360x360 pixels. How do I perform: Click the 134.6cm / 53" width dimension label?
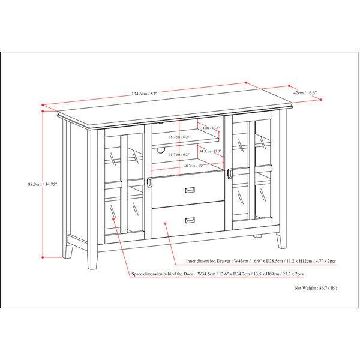point(144,94)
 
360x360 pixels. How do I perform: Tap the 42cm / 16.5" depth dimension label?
point(305,93)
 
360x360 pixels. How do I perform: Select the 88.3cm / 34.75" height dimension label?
point(43,184)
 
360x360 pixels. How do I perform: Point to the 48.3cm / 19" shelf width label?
point(194,166)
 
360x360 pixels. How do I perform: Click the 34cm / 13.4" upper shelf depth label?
point(211,128)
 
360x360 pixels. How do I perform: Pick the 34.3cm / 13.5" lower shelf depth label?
point(211,151)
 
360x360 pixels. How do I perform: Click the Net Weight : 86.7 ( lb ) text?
point(316,288)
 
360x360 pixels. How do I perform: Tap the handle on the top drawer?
point(190,190)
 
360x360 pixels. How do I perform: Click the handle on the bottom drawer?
point(190,220)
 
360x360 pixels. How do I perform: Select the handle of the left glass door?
point(149,182)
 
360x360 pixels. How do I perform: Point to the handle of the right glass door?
point(230,173)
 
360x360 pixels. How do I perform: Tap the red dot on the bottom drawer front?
point(165,223)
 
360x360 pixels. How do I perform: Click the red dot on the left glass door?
point(113,219)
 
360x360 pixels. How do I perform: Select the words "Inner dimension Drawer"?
point(208,261)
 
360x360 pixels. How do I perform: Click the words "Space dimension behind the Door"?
point(162,274)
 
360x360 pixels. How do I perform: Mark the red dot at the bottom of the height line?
point(43,257)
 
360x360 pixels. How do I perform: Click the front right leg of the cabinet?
point(282,241)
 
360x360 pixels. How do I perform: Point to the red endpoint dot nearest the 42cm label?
point(289,86)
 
